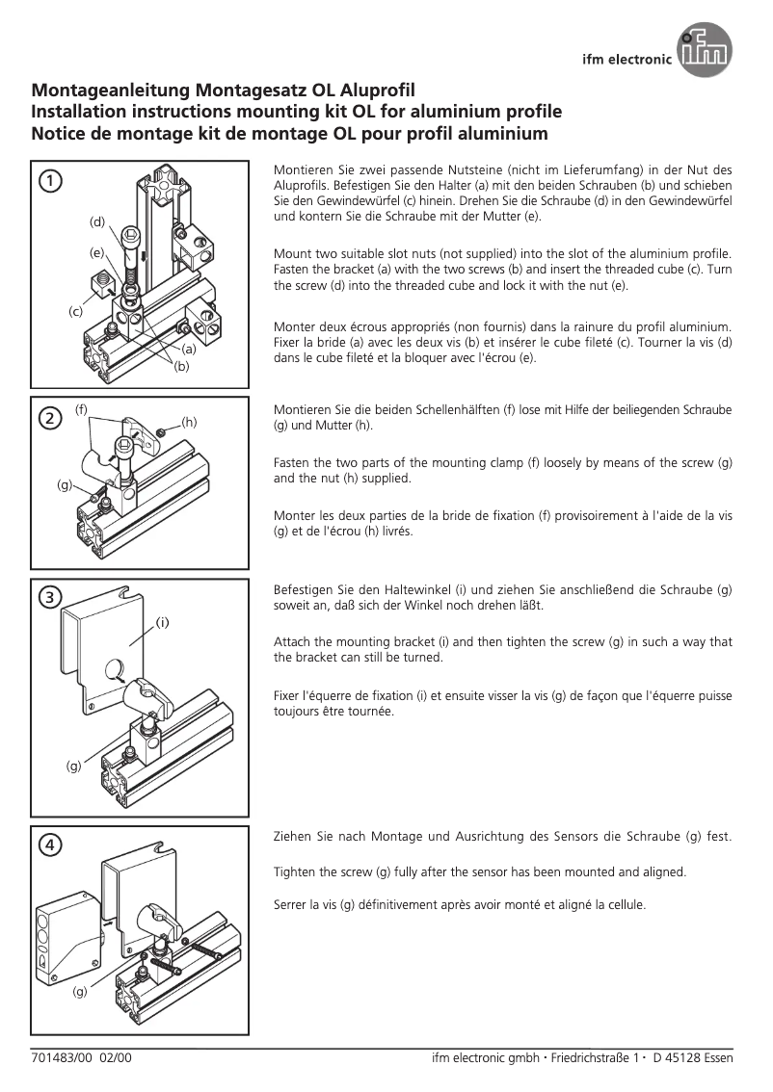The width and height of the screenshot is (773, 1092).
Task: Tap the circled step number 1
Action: click(50, 180)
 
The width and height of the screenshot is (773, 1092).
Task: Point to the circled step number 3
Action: click(49, 596)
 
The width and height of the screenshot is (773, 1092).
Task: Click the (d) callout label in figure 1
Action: click(97, 221)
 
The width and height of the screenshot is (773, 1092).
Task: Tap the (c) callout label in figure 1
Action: click(75, 311)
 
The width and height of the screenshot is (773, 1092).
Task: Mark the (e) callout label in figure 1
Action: click(97, 252)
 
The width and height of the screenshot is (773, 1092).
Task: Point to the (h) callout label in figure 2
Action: click(189, 422)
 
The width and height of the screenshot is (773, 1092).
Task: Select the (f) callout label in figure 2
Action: click(82, 409)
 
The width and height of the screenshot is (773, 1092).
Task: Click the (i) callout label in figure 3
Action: click(163, 622)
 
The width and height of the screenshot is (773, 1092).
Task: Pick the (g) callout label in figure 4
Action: click(81, 991)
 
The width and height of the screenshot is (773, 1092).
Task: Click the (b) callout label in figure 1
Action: click(181, 366)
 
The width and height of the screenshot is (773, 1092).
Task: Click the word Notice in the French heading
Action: click(61, 134)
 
